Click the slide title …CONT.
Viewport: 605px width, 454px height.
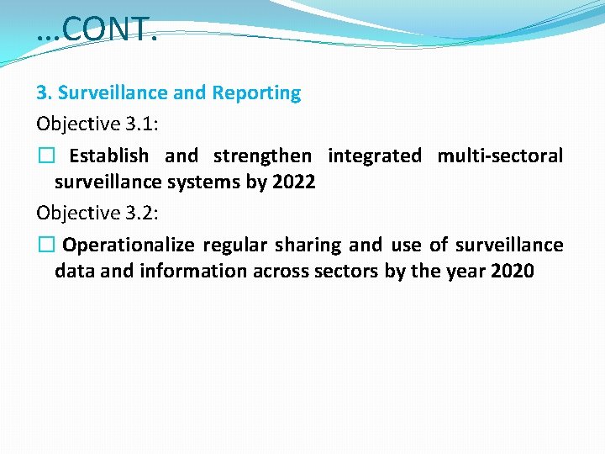96,30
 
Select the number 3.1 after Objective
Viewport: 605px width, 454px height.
140,124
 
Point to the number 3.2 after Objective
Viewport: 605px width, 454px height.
140,213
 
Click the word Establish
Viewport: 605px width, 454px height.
108,156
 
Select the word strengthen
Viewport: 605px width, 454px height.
262,156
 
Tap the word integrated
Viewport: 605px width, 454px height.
375,156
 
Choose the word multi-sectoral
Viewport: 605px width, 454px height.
500,156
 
